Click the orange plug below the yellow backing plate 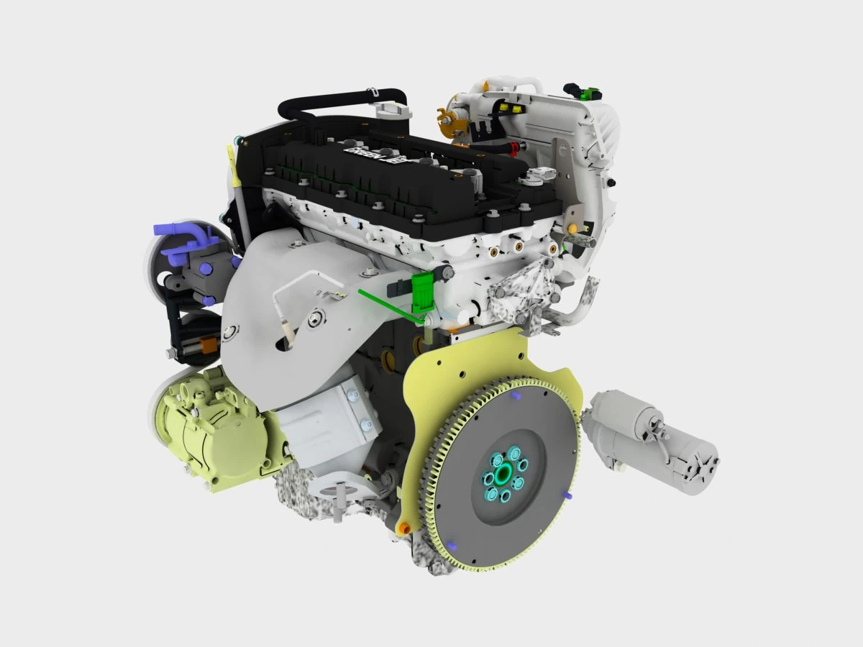404,528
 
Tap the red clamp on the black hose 513,150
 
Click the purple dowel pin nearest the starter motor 568,495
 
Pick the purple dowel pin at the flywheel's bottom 450,543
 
